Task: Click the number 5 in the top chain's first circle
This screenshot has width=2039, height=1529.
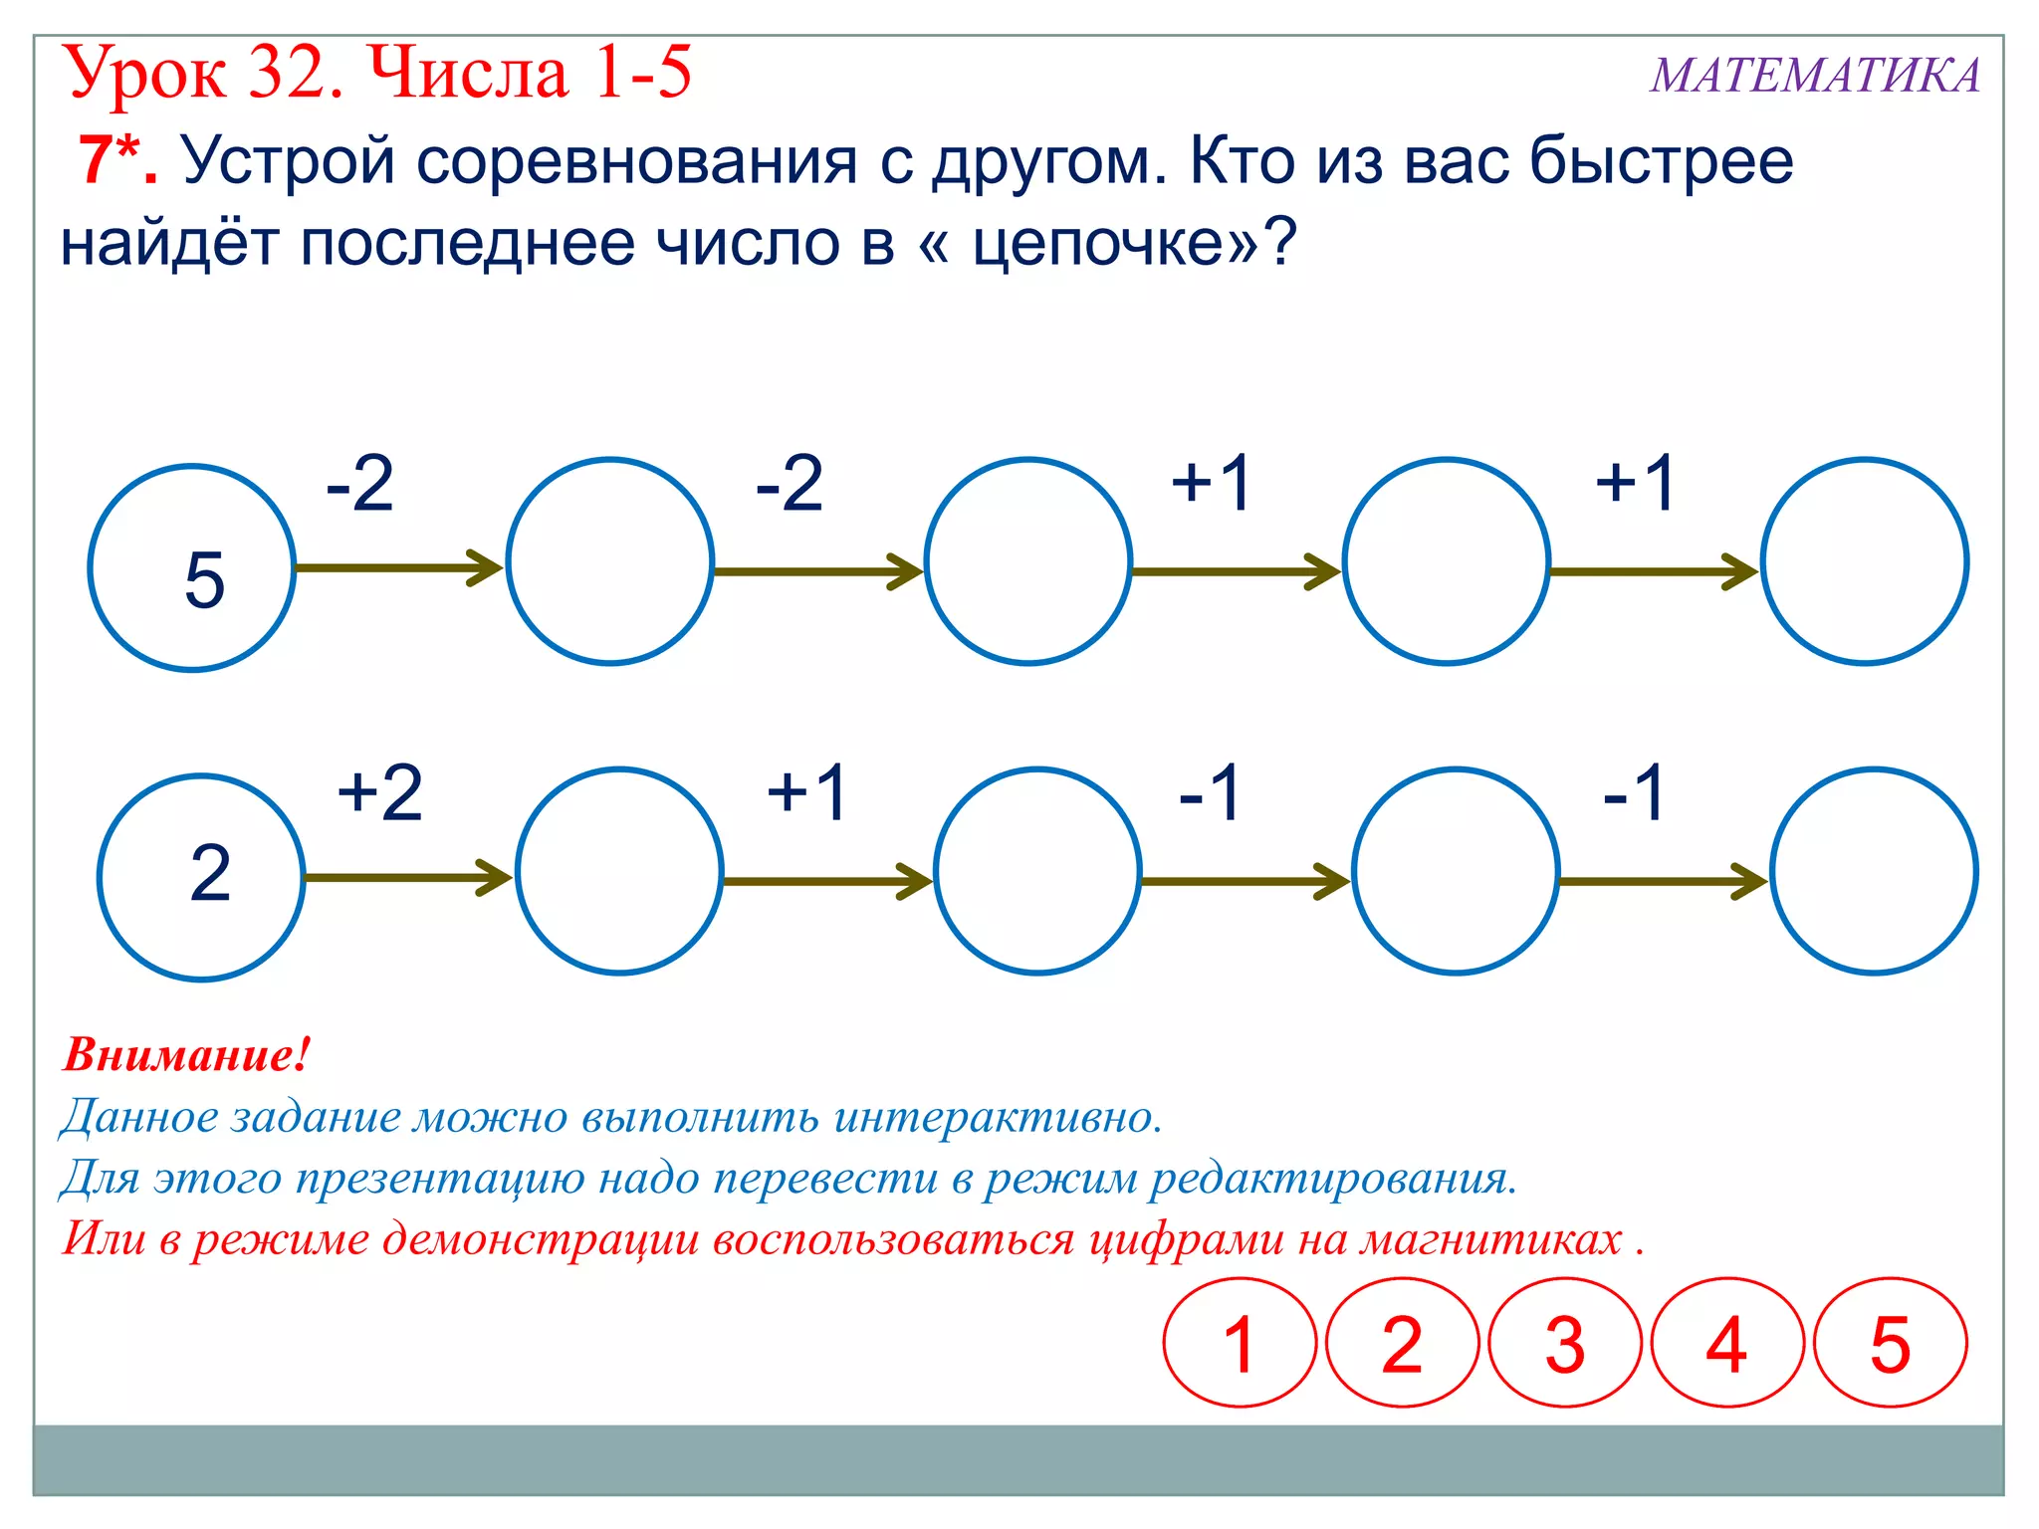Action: [205, 579]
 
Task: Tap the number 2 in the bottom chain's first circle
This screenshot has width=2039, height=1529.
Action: [210, 873]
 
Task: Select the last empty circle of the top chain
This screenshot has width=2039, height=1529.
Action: [1864, 561]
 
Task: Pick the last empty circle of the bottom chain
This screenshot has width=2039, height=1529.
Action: [1873, 871]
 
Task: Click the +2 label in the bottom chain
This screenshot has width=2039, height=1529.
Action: [380, 793]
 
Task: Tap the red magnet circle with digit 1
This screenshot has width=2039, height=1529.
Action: [1240, 1343]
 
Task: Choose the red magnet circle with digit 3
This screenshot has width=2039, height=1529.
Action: [1564, 1343]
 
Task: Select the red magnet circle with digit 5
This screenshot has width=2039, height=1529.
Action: [1890, 1343]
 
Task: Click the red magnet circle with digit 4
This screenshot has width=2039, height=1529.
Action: [1726, 1343]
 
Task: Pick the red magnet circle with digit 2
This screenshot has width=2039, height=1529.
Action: [1402, 1343]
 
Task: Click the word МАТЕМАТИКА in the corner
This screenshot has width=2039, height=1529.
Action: [1815, 76]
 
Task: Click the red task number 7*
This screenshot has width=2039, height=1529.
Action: [116, 160]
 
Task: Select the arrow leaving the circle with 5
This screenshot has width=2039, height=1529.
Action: [398, 567]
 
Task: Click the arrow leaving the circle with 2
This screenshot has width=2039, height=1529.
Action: [407, 877]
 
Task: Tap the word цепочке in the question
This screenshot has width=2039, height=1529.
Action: [1100, 242]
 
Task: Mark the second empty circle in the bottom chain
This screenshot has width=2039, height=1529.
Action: [1036, 871]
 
